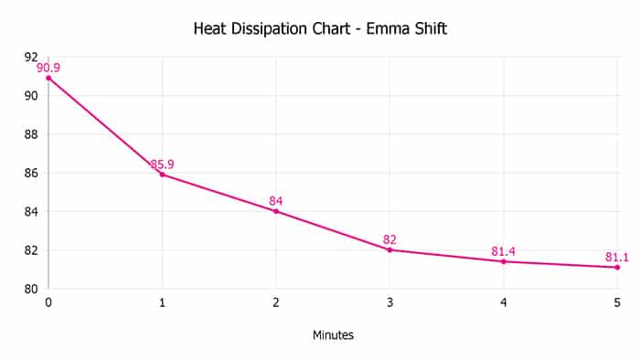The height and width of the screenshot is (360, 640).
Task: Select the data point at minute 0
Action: (48, 78)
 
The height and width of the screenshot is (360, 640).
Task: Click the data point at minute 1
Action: (162, 174)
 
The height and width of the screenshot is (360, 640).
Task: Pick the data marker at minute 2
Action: (276, 211)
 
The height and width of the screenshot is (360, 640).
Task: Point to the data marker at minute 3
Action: (389, 249)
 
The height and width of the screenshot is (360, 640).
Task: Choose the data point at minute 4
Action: (504, 261)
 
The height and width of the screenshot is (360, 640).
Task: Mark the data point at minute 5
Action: (617, 267)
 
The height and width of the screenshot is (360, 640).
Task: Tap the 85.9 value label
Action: (163, 164)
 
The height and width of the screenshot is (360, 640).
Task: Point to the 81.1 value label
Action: (617, 257)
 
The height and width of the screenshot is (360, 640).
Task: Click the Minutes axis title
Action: (333, 334)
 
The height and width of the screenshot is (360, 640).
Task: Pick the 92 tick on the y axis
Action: (31, 57)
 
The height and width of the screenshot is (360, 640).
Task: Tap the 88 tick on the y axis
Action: (31, 134)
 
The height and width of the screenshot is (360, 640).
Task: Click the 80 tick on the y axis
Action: (31, 289)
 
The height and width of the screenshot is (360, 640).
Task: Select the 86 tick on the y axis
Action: (31, 173)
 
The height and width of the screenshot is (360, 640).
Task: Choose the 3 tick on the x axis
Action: (389, 302)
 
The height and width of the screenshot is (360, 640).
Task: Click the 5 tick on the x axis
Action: (617, 302)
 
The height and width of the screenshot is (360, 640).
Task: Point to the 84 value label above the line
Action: (276, 201)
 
